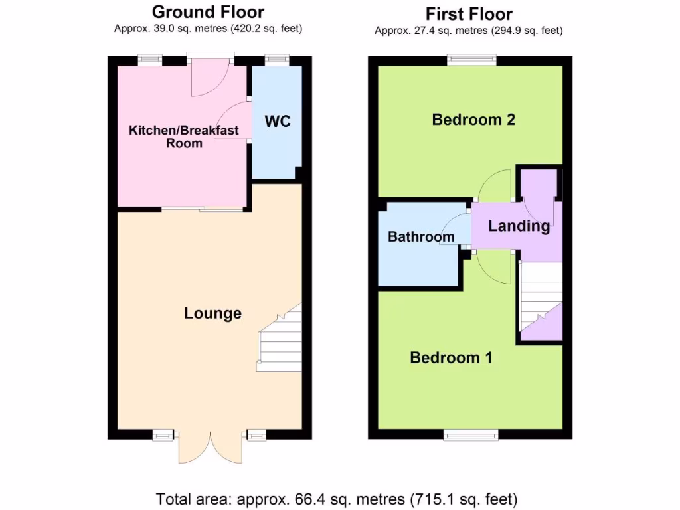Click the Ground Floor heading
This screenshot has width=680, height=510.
[208, 12]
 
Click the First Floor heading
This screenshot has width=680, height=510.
[469, 14]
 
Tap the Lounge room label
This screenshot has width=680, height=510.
[212, 313]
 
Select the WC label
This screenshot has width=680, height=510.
[278, 122]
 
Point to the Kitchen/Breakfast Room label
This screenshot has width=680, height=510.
[183, 136]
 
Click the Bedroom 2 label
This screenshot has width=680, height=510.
[473, 120]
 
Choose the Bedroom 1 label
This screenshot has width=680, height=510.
[451, 358]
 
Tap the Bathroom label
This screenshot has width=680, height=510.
[421, 237]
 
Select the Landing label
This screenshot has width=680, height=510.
[519, 226]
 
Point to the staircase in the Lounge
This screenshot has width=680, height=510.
[280, 339]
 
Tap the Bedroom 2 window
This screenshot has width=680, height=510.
[471, 60]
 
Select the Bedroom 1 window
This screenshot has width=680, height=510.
[471, 435]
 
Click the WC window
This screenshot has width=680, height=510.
[274, 60]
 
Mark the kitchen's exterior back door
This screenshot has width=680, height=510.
[209, 76]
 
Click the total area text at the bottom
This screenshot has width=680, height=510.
[337, 498]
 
